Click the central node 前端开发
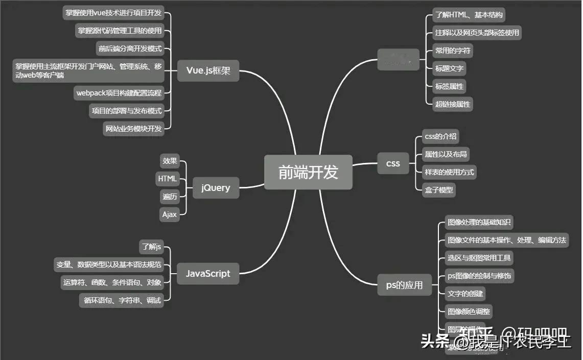[308, 172]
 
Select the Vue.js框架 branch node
[208, 70]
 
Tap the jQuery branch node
[216, 187]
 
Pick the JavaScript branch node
[207, 273]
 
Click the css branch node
[393, 163]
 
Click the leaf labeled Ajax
[170, 214]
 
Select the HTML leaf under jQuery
[167, 179]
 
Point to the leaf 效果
[170, 161]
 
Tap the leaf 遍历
[170, 197]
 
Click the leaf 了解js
[151, 247]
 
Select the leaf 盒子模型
[439, 190]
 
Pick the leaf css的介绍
[440, 136]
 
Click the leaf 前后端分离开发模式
[130, 49]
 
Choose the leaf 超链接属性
[453, 104]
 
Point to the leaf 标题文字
[449, 68]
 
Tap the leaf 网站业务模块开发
[133, 129]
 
